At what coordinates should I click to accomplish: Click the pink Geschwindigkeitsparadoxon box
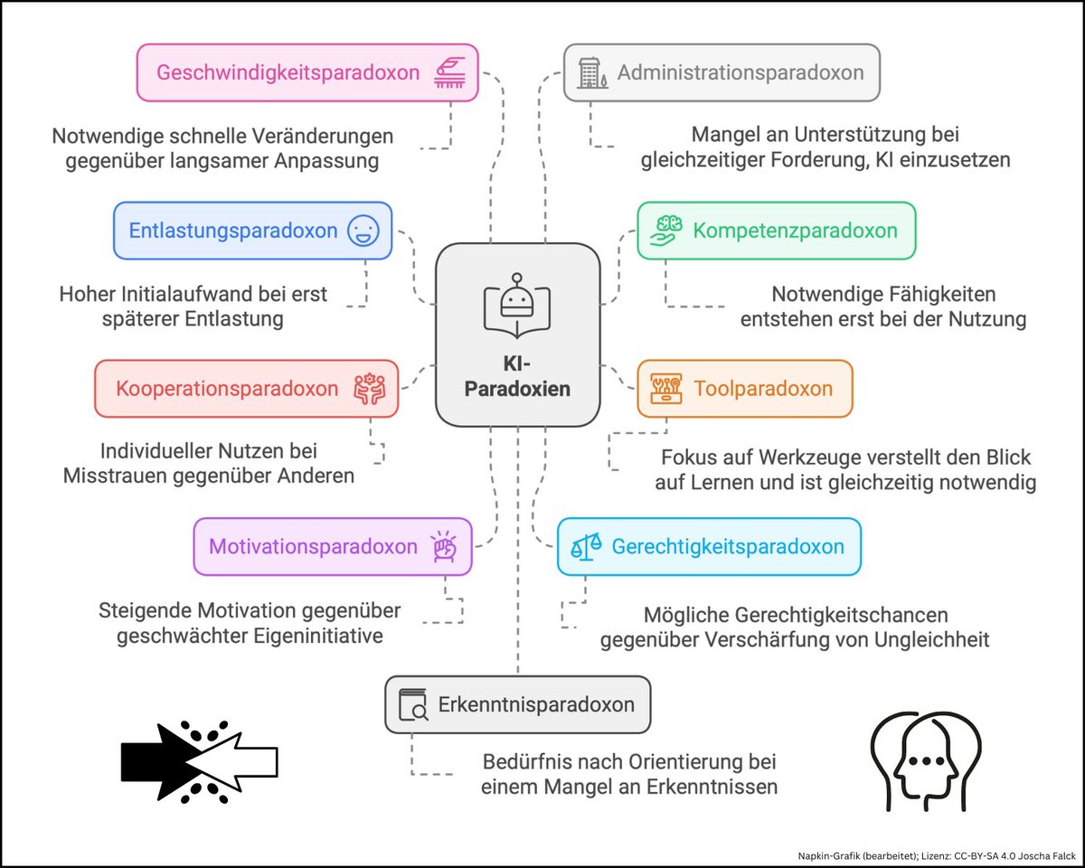click(307, 72)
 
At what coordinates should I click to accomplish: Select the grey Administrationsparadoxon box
click(722, 72)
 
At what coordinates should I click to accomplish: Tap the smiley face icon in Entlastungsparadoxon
click(363, 231)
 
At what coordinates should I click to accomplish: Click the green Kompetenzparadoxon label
click(795, 230)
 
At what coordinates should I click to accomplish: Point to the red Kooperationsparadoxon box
click(246, 389)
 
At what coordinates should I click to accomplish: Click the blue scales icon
click(584, 546)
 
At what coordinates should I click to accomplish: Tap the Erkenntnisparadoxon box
click(517, 704)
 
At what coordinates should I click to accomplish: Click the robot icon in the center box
click(516, 302)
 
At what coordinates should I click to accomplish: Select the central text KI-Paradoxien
click(517, 377)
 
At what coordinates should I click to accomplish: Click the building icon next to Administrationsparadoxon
click(590, 72)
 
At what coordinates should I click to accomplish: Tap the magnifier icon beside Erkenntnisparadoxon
click(413, 704)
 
